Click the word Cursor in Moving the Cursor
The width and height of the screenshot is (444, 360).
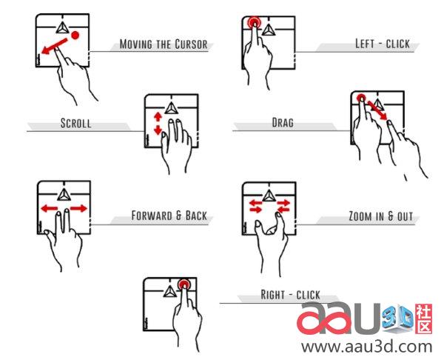[x=191, y=44]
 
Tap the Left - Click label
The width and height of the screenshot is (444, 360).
[x=383, y=44]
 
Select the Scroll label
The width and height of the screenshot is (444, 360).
[x=76, y=123]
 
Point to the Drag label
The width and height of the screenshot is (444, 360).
[x=283, y=122]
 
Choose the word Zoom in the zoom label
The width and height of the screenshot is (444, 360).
[x=360, y=216]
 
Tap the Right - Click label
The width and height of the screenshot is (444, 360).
[x=290, y=295]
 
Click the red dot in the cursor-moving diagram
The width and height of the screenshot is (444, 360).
[x=75, y=35]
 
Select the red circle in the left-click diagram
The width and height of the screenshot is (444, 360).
[x=254, y=22]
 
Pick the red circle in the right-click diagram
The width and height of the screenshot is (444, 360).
[x=184, y=284]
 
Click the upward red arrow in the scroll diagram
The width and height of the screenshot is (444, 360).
[x=158, y=117]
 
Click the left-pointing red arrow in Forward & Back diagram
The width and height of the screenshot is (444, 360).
[x=50, y=209]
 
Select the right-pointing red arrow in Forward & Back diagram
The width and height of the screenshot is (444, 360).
[x=78, y=209]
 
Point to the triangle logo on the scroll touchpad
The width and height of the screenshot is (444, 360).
[x=171, y=108]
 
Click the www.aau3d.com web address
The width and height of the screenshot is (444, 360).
[x=367, y=347]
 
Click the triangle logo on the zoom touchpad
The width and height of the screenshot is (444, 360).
[x=268, y=196]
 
